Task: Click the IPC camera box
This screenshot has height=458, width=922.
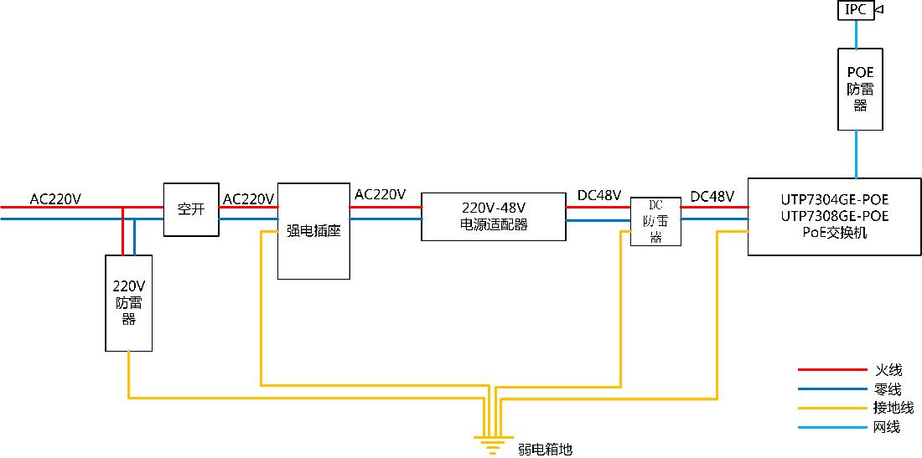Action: (856, 10)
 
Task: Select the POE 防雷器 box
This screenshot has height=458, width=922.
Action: (860, 89)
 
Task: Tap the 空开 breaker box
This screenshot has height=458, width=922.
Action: (191, 209)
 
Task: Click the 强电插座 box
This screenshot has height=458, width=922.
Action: (313, 230)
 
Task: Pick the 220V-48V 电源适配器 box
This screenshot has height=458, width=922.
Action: (494, 216)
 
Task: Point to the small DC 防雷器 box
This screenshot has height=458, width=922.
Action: (655, 222)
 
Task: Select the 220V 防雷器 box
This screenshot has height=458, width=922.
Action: (128, 302)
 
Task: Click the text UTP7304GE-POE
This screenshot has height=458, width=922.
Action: (834, 200)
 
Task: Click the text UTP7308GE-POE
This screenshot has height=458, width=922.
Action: (834, 216)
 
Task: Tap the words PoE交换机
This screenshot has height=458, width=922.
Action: (834, 233)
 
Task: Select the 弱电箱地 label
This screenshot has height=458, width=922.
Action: (545, 450)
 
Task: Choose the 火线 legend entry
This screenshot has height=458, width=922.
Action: (888, 369)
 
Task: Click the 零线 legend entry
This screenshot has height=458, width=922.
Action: (888, 389)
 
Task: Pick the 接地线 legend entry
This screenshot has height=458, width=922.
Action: (893, 408)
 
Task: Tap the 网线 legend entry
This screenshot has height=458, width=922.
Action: (887, 427)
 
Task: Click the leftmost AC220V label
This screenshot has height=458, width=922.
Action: (56, 199)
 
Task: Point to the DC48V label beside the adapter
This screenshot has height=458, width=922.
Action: (599, 196)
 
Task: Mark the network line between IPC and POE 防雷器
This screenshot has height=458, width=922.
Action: (856, 34)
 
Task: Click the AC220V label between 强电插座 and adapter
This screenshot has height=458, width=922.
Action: (380, 194)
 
